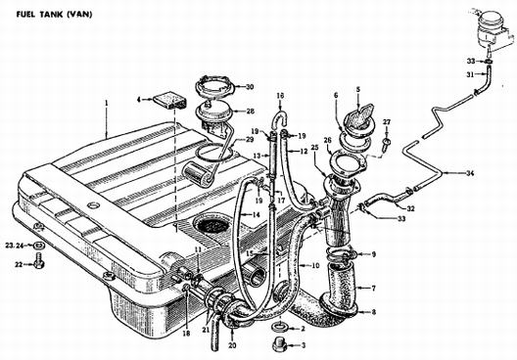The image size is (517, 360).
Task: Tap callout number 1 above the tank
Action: (107, 103)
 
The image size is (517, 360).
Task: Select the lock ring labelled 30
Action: (215, 86)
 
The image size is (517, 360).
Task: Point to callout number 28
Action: (251, 112)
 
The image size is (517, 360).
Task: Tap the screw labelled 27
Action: (386, 143)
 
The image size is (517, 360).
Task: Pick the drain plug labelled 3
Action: (280, 345)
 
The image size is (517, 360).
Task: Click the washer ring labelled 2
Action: (280, 328)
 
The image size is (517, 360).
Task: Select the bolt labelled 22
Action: (38, 263)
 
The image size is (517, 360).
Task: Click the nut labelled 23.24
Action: (39, 245)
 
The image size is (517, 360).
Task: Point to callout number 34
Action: (470, 173)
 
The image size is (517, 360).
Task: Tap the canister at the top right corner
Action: (493, 31)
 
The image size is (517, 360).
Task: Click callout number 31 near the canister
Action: (471, 74)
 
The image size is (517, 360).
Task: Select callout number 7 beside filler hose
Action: (373, 289)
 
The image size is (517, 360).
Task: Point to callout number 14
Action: (256, 215)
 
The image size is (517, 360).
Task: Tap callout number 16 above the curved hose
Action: (280, 96)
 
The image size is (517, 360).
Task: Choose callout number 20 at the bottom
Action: (232, 345)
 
